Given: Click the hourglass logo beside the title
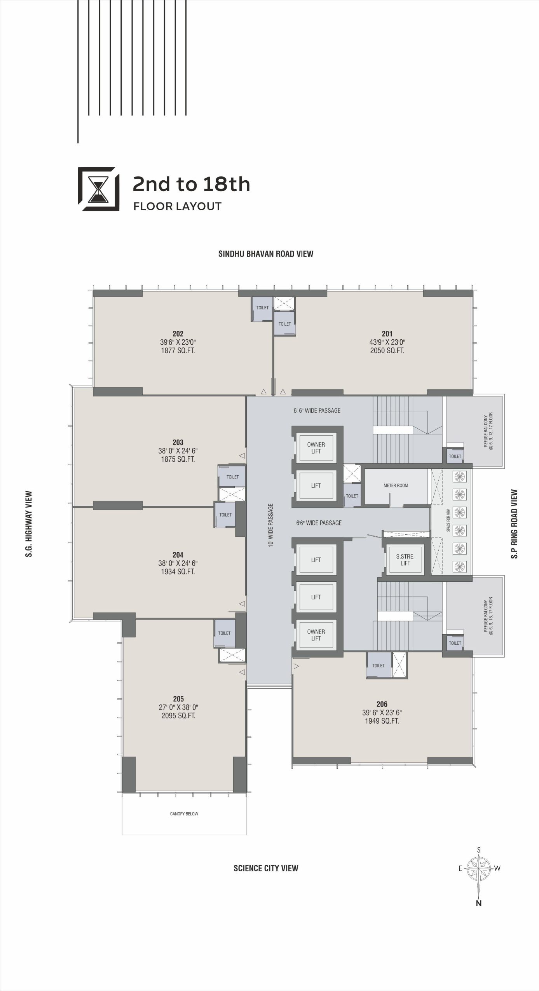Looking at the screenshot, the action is [99, 189].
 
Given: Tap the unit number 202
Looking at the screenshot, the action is [178, 334].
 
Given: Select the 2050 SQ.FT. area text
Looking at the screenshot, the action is [387, 351].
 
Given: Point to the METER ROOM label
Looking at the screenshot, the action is [396, 485].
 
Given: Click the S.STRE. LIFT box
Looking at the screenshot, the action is [405, 560].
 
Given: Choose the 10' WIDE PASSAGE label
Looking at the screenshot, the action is [271, 525].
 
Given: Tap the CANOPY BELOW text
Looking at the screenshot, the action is [184, 814].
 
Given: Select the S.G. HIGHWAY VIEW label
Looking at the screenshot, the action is [29, 524].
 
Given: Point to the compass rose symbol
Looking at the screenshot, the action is [479, 868].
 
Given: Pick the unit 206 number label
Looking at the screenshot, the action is [382, 704].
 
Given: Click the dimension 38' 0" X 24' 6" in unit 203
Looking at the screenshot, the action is [178, 451].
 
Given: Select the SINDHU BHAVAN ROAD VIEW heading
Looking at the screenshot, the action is [266, 254].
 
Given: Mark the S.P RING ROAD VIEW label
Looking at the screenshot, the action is [515, 524].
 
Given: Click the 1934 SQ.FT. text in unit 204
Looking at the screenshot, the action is [178, 572].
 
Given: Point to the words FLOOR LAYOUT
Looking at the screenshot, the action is [177, 206].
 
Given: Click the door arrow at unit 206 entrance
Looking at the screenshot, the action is [297, 666].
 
